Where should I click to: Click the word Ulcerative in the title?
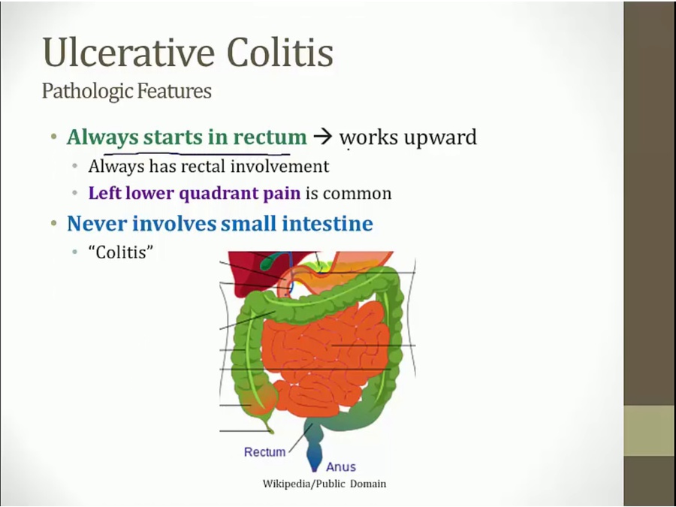pyautogui.click(x=128, y=52)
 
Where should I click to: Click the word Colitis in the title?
pyautogui.click(x=280, y=52)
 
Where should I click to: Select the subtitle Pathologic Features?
pyautogui.click(x=127, y=92)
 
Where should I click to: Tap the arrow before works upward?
pyautogui.click(x=323, y=137)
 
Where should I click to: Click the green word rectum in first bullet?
pyautogui.click(x=270, y=137)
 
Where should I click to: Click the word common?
pyautogui.click(x=357, y=194)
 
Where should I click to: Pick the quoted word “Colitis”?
pyautogui.click(x=121, y=252)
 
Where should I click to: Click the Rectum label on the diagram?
pyautogui.click(x=264, y=452)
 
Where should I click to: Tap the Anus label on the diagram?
pyautogui.click(x=341, y=467)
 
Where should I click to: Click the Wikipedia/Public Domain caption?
pyautogui.click(x=324, y=484)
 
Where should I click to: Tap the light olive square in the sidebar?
pyautogui.click(x=650, y=430)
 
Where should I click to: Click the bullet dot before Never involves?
pyautogui.click(x=54, y=223)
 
